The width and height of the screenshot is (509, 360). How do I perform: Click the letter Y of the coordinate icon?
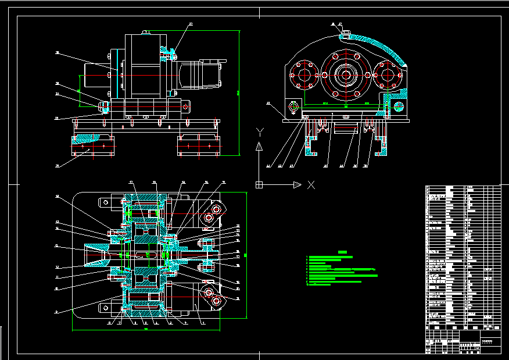point(260,131)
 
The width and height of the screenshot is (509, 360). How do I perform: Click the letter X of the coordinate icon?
point(311,185)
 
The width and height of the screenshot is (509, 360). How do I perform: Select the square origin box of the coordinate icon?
point(259,185)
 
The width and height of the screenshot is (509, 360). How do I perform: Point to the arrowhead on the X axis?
point(297,185)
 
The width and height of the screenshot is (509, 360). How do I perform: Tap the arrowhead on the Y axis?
point(259,147)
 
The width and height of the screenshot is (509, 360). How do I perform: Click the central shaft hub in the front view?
point(346,75)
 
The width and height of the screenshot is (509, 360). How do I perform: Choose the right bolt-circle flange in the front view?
point(388,75)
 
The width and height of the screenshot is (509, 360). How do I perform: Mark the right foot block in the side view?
point(199,144)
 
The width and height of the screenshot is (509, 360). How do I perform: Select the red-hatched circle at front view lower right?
point(398,106)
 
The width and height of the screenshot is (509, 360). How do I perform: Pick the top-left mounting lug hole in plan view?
point(104,204)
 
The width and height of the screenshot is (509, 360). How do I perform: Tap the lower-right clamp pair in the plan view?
point(213,297)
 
